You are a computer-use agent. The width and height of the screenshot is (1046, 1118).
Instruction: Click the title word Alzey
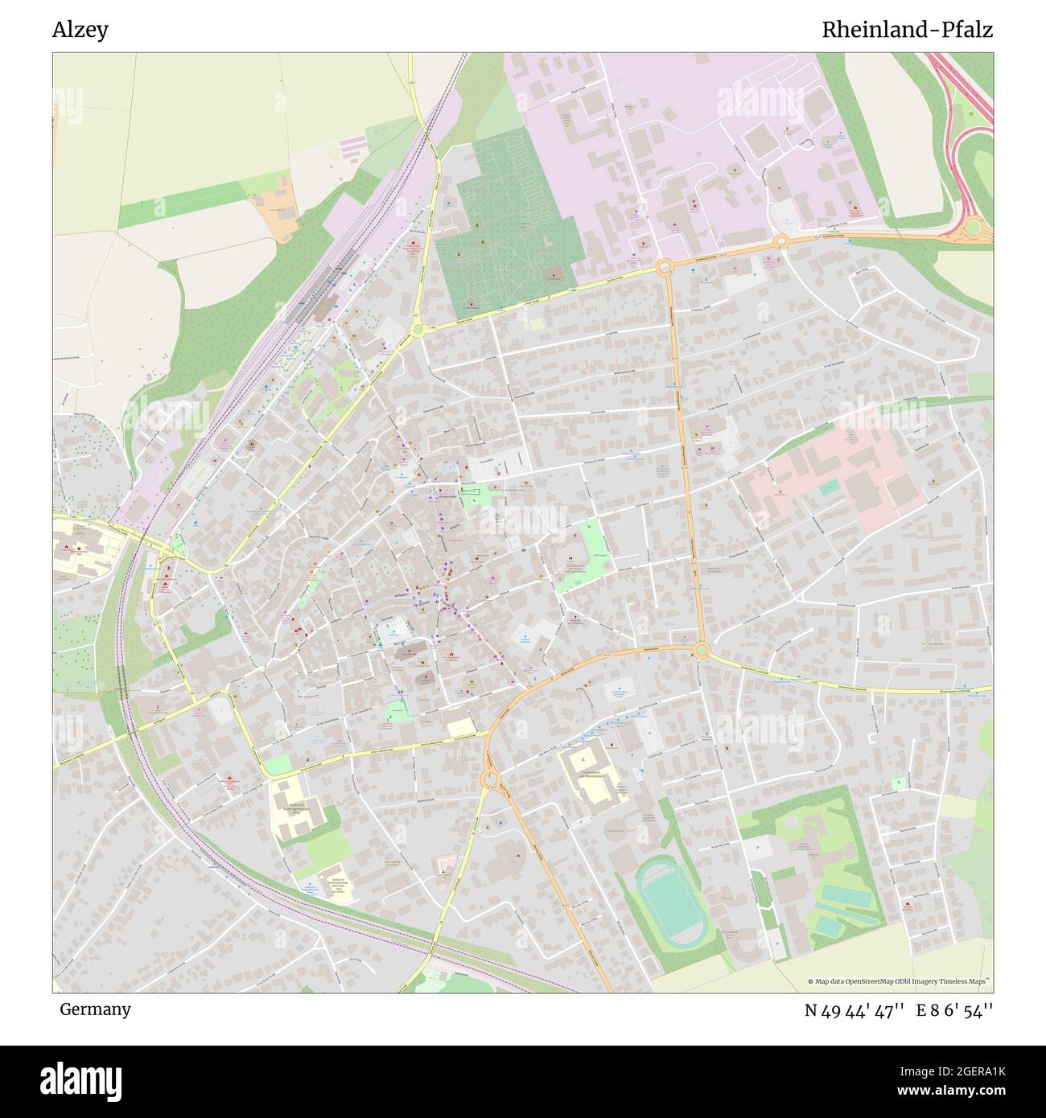(x=80, y=30)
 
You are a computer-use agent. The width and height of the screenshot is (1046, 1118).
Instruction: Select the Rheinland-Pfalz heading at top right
(x=907, y=30)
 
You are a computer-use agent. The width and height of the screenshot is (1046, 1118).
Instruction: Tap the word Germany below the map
(x=95, y=1009)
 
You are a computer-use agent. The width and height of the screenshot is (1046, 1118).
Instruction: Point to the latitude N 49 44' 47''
(x=855, y=1010)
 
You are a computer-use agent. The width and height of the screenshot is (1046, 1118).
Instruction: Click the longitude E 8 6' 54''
(x=954, y=1010)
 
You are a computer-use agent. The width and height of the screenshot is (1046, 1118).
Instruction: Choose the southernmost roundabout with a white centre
(x=490, y=779)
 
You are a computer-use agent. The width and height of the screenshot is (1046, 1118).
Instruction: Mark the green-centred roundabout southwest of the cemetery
(x=418, y=328)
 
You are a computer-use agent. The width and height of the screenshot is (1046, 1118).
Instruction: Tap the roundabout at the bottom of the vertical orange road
(x=701, y=649)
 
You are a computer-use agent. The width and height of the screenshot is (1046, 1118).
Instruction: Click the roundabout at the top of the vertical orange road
(x=665, y=268)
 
